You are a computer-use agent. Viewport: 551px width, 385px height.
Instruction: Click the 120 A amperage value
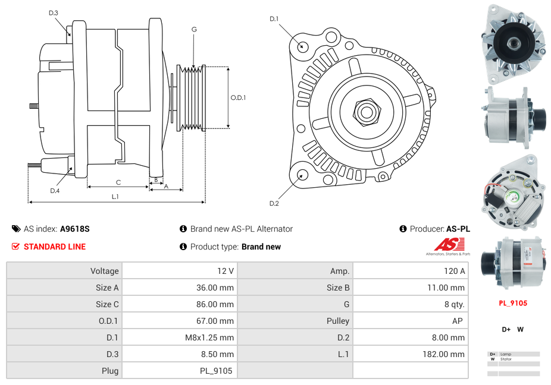tap(454, 271)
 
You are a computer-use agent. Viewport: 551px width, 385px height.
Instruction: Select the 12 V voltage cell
tap(225, 271)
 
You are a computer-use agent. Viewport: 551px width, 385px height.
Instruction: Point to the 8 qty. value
tap(455, 304)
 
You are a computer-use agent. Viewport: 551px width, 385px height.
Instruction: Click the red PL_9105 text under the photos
tap(513, 303)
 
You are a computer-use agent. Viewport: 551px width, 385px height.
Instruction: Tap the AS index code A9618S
tap(75, 229)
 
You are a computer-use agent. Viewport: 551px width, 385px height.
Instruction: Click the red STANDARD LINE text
tap(55, 247)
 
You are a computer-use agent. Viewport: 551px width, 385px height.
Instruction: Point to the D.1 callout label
tap(274, 19)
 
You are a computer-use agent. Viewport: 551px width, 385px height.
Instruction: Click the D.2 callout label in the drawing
tap(274, 204)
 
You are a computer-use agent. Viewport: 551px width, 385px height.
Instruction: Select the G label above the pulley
tap(194, 29)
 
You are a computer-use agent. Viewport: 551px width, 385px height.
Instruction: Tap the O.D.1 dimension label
tap(238, 98)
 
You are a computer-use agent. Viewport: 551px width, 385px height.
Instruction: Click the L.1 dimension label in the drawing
tap(115, 196)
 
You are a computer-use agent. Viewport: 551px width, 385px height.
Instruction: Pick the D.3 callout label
tap(54, 12)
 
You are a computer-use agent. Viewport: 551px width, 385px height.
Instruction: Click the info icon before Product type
tap(183, 247)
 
